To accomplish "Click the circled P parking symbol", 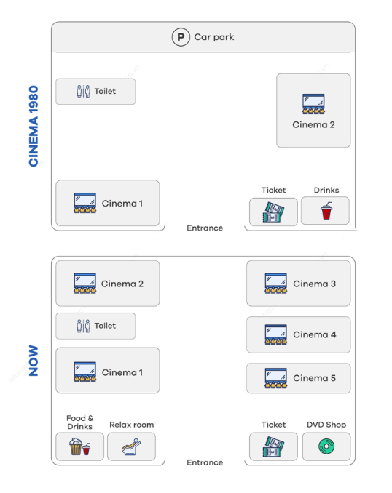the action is tap(181, 37).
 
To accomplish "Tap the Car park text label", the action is tap(214, 37).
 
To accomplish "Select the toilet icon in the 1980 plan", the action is tap(83, 92).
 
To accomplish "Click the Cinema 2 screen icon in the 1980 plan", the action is tap(313, 104).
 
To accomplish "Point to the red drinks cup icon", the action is tap(326, 211).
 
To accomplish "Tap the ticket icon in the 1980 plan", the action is tap(273, 212).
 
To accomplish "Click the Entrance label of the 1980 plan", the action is tap(205, 228).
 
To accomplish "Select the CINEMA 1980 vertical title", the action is tap(34, 126).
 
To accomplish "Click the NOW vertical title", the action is tap(34, 361).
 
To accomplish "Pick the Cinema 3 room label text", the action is tap(315, 284).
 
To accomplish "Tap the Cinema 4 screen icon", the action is tap(275, 334).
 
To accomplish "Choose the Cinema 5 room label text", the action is tap(315, 378).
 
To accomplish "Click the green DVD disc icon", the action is tap(326, 446).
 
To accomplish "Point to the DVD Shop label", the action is tap(326, 425).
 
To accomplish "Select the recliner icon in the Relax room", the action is tap(131, 446).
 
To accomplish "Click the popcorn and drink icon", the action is tap(79, 446).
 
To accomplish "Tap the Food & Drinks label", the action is tap(79, 422).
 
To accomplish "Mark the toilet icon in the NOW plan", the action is tap(83, 326).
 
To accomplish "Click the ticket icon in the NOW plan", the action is tap(273, 446).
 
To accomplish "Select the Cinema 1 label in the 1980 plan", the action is tap(122, 204).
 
